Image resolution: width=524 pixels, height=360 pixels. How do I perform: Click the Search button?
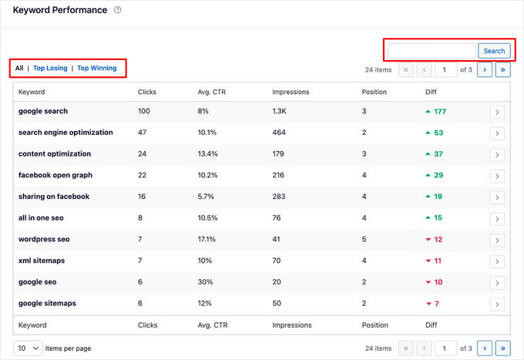tap(494, 51)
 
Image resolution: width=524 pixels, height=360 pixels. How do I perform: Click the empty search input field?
tap(432, 51)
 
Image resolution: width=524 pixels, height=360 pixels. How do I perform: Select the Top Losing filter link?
tap(50, 68)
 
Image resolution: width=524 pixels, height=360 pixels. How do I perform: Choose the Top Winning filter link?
tap(97, 68)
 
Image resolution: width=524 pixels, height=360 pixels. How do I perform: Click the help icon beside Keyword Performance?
tap(117, 10)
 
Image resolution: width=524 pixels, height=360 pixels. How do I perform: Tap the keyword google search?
tap(43, 111)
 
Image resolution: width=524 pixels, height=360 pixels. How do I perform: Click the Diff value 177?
tap(439, 111)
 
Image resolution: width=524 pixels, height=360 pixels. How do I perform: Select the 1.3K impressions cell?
tap(280, 111)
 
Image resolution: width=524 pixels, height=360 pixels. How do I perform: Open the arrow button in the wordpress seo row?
tap(497, 240)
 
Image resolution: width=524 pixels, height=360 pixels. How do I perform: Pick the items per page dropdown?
tap(28, 348)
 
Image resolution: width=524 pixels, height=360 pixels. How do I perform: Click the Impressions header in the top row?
tap(291, 92)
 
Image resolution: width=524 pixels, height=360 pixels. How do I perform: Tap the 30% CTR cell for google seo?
tap(205, 282)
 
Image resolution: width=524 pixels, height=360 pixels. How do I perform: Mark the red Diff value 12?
tap(438, 240)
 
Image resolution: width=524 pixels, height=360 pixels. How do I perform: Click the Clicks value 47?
tap(143, 133)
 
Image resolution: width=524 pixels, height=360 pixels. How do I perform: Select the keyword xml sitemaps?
tap(42, 261)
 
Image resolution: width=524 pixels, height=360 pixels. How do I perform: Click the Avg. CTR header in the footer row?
tap(213, 325)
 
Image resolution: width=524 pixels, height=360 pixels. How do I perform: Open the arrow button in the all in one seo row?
tap(497, 218)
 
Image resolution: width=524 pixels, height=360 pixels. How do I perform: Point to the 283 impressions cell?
tap(279, 197)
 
